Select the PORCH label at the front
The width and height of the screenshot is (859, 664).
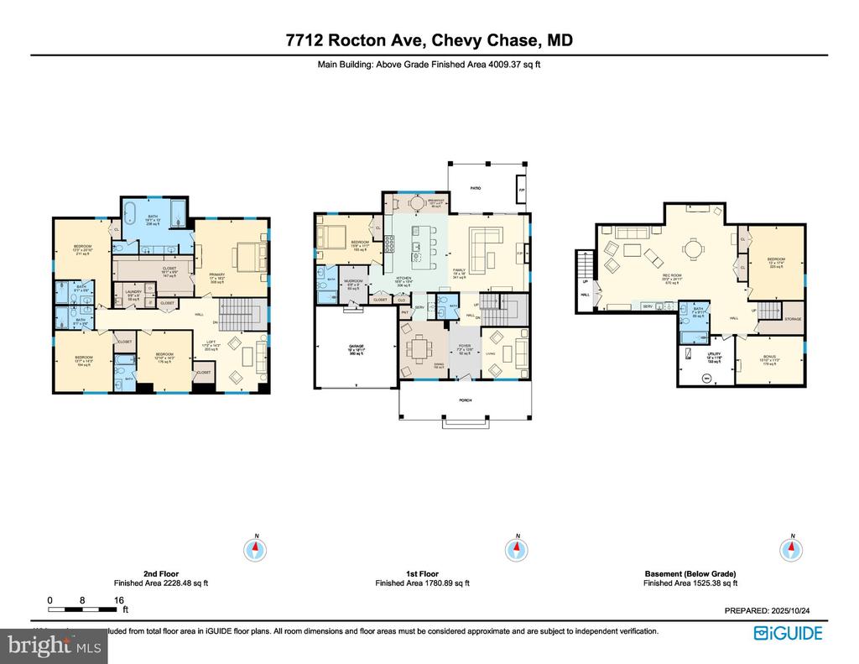[466, 400]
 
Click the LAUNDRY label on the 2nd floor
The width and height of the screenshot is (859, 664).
[134, 293]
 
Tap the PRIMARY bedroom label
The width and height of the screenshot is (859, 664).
[217, 277]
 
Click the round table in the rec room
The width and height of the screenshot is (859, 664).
[693, 249]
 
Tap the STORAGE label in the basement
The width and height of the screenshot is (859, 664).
[793, 319]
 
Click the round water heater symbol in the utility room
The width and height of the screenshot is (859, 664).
[705, 378]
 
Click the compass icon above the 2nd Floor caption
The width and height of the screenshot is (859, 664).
[255, 550]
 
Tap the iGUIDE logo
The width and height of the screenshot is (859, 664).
[789, 633]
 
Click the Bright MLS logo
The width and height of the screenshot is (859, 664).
[55, 646]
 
